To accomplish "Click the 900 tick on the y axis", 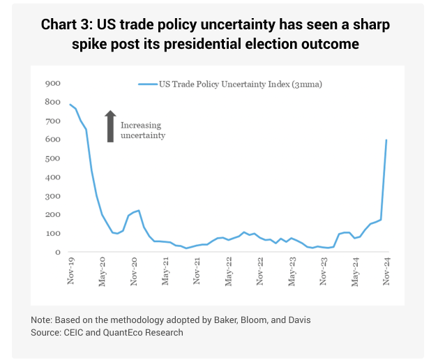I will click(x=52, y=83).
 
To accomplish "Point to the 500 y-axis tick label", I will click(x=52, y=158).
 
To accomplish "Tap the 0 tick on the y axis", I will click(x=58, y=252).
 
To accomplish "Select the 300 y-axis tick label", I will click(x=52, y=196).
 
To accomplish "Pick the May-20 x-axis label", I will click(x=102, y=271).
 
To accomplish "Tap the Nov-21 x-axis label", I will click(x=197, y=271).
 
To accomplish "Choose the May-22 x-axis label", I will click(x=229, y=271).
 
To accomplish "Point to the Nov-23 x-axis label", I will click(x=324, y=271).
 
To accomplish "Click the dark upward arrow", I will click(x=109, y=126).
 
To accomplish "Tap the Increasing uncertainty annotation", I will click(x=142, y=130).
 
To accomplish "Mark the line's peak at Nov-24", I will click(x=386, y=140).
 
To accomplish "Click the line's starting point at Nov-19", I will click(x=70, y=104).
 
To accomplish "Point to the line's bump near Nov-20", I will click(x=139, y=211).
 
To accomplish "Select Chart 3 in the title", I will click(x=68, y=25).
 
